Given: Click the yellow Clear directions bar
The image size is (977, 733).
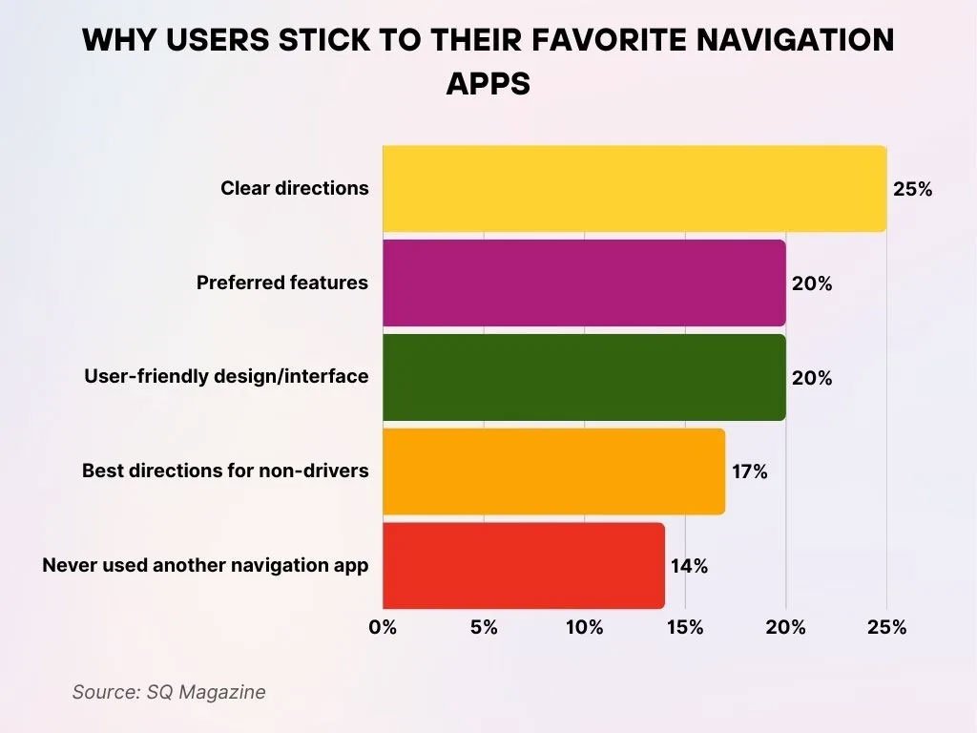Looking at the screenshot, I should click(x=634, y=189).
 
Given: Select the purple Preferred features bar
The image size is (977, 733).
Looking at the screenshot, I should click(x=584, y=283).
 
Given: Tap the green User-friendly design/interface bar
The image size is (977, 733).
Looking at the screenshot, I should click(x=584, y=378).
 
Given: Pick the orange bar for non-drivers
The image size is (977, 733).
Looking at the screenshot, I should click(x=553, y=471).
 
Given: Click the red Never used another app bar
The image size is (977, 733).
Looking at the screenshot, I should click(x=524, y=566).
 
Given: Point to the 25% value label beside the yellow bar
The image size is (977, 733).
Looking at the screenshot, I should click(x=912, y=189).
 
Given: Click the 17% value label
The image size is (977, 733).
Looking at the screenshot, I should click(x=749, y=471).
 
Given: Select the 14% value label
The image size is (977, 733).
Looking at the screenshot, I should click(x=689, y=566).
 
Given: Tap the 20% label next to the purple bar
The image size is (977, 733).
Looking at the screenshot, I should click(x=811, y=283).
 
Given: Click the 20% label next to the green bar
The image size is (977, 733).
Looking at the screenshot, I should click(x=811, y=378).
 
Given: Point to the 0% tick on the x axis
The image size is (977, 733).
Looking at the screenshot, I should click(x=383, y=627).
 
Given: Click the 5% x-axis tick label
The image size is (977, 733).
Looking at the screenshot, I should click(x=484, y=627).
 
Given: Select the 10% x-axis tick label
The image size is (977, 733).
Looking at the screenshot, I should click(x=584, y=627).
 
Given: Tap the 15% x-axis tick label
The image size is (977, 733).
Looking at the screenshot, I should click(x=685, y=627).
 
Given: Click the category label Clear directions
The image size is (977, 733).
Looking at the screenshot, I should click(x=294, y=188).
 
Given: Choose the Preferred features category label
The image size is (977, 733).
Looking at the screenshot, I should click(x=282, y=283).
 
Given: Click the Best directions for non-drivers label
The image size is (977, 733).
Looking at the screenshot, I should click(x=225, y=471).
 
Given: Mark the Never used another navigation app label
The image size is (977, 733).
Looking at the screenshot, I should click(x=205, y=565).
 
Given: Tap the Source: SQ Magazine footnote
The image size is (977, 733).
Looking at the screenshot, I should click(x=169, y=692).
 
